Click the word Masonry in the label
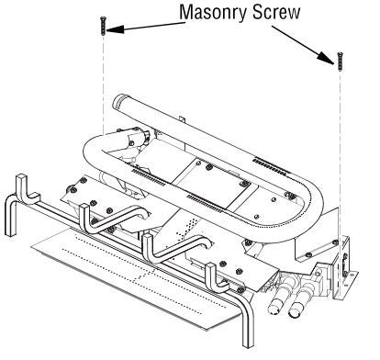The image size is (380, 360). click(x=213, y=13)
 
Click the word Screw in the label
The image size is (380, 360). click(x=276, y=12)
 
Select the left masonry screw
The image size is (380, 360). click(x=103, y=26)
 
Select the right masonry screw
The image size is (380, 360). click(x=340, y=62)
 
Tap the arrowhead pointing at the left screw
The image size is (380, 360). click(x=116, y=29)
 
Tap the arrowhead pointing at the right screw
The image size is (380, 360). click(x=326, y=58)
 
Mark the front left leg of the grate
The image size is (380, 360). click(x=11, y=214)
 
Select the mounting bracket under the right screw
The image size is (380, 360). click(x=345, y=267)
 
